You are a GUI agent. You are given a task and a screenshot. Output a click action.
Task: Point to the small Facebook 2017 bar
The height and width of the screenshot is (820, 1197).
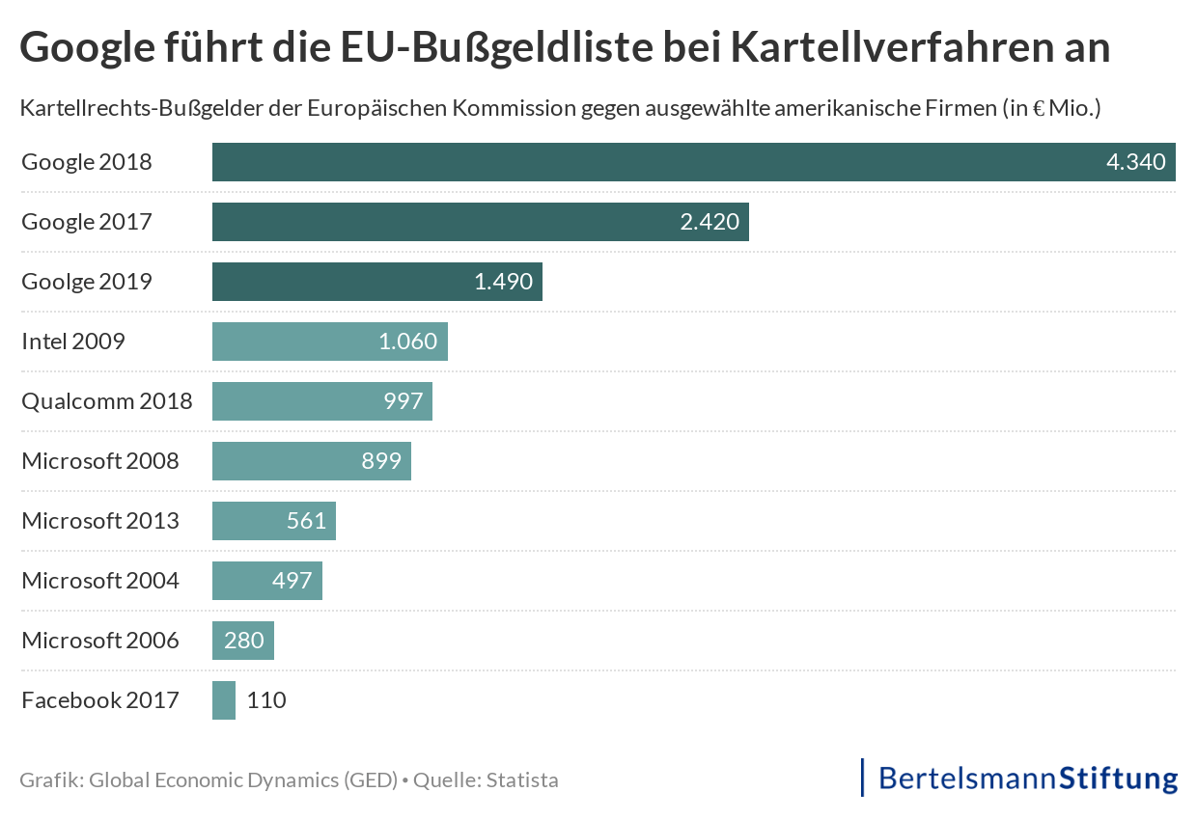point(224,700)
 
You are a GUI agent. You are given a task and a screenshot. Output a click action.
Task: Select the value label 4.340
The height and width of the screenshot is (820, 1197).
point(1136,162)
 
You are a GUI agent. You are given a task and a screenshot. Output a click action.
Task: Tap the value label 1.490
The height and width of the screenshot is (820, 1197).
point(503,282)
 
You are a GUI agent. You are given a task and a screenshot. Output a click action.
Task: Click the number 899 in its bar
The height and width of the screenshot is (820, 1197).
point(381,461)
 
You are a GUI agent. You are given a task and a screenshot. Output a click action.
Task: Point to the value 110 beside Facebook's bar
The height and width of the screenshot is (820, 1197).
point(266,700)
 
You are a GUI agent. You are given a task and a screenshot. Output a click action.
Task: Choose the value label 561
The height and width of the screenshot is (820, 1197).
point(306,521)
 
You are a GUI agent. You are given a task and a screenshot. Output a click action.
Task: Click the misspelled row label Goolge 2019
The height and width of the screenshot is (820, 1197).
point(87,282)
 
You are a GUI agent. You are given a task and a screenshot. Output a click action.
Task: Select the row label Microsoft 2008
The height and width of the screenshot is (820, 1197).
point(100,461)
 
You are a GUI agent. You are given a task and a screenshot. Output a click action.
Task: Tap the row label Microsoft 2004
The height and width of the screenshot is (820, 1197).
point(100,581)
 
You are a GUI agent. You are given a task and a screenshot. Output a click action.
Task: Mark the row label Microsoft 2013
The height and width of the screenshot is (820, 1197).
point(100,521)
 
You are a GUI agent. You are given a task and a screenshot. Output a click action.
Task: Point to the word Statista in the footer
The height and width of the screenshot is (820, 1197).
point(522,779)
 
